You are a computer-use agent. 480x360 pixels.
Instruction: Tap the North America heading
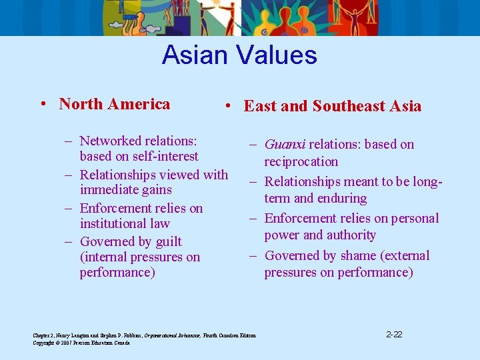click(114, 104)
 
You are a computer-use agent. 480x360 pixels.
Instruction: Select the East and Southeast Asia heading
click(333, 106)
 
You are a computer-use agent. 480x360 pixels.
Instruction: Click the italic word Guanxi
click(285, 145)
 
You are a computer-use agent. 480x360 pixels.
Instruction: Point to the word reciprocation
click(301, 161)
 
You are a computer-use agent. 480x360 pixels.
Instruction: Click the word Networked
click(110, 141)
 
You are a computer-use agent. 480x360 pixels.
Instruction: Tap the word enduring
click(343, 198)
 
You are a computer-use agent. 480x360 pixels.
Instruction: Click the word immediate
click(107, 190)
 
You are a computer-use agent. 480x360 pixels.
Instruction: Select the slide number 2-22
click(395, 334)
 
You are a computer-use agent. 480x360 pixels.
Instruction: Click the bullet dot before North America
click(42, 105)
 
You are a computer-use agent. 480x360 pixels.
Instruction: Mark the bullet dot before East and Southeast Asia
click(227, 107)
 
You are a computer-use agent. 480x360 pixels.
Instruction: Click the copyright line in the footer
click(82, 343)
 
